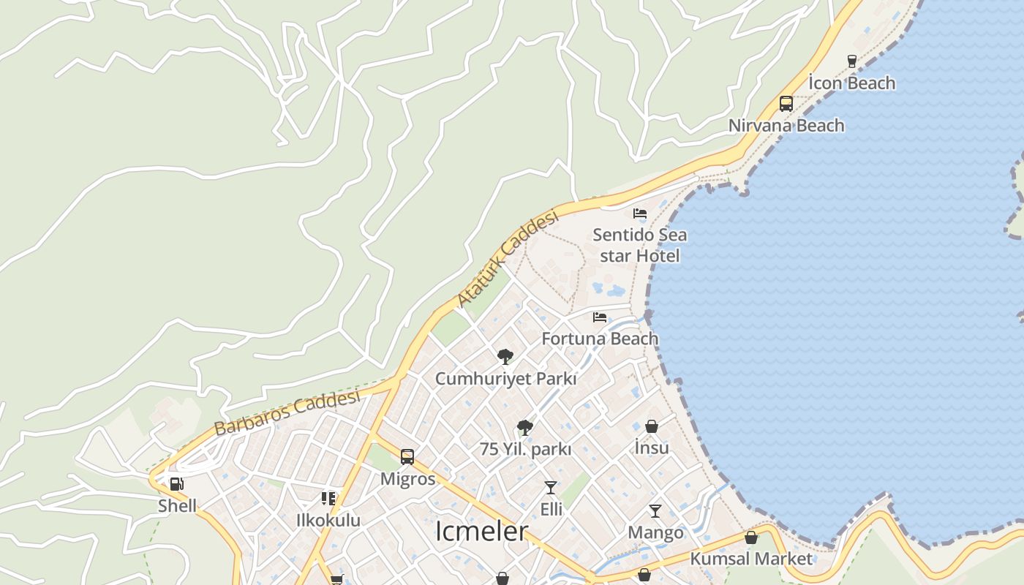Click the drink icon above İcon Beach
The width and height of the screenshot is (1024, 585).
(851, 61)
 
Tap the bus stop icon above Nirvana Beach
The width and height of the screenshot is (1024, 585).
(786, 104)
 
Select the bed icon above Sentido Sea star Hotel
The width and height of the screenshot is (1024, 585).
(640, 214)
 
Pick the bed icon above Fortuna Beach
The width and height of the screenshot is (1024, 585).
(600, 317)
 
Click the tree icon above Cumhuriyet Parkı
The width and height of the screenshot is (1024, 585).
(505, 357)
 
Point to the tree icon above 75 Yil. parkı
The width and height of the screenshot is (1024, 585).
(524, 428)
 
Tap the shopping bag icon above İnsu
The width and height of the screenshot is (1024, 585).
(652, 426)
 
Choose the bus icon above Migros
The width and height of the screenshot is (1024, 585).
(407, 457)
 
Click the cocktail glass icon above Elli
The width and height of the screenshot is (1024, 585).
(551, 488)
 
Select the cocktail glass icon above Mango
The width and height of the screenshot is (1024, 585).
(655, 511)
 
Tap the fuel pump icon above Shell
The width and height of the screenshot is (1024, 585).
(176, 484)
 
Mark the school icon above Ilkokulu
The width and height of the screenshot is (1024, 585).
(328, 499)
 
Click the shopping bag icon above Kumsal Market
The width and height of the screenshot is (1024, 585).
(750, 537)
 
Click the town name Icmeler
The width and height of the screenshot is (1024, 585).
(481, 532)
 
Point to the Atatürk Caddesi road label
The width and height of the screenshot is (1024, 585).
(508, 259)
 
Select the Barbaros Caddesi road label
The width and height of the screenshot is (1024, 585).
(287, 413)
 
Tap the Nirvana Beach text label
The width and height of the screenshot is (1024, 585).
(786, 126)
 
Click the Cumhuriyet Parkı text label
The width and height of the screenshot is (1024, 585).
(505, 379)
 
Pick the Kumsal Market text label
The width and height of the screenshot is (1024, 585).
(751, 559)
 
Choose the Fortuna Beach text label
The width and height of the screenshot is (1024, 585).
(600, 339)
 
